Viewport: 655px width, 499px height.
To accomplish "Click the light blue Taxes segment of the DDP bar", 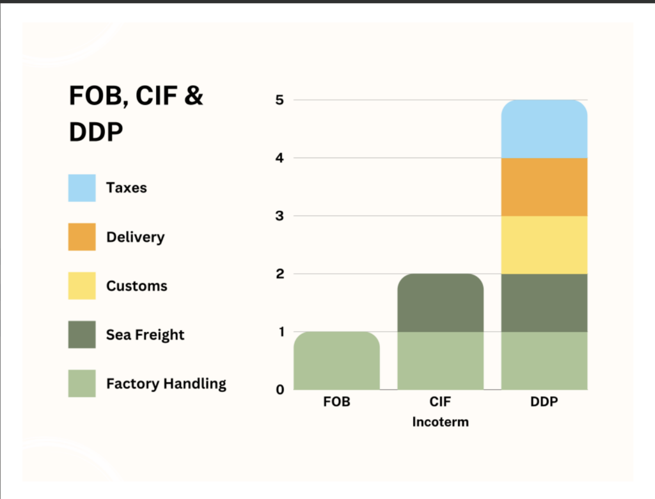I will [x=544, y=129].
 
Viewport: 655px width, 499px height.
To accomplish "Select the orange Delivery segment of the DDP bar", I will [x=544, y=187].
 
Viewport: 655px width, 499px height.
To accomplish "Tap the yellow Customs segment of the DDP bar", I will [x=544, y=245].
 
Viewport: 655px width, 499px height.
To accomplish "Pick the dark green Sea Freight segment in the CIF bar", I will [x=440, y=303].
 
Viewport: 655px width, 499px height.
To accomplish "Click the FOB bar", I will [x=336, y=361].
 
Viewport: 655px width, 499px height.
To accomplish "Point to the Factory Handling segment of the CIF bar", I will [x=440, y=361].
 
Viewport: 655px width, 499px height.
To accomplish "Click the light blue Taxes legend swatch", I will [x=82, y=188].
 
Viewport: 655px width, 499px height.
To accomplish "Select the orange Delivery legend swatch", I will [x=82, y=237].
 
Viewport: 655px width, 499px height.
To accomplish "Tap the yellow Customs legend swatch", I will [x=82, y=286].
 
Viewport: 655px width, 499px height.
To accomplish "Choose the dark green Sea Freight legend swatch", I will [x=82, y=335].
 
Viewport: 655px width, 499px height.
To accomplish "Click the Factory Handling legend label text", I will [x=166, y=384].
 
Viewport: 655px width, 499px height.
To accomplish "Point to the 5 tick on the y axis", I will [x=280, y=100].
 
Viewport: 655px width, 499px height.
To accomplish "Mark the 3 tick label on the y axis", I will [x=280, y=216].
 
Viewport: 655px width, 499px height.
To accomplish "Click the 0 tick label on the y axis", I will [x=280, y=390].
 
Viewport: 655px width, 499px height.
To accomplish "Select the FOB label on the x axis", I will [x=336, y=404].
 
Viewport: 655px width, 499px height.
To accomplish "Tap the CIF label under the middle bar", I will [x=440, y=404].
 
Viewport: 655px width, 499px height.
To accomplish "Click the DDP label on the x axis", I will [x=544, y=404].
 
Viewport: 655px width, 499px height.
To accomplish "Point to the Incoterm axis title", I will [x=440, y=422].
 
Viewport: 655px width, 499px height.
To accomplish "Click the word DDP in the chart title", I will [x=96, y=133].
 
